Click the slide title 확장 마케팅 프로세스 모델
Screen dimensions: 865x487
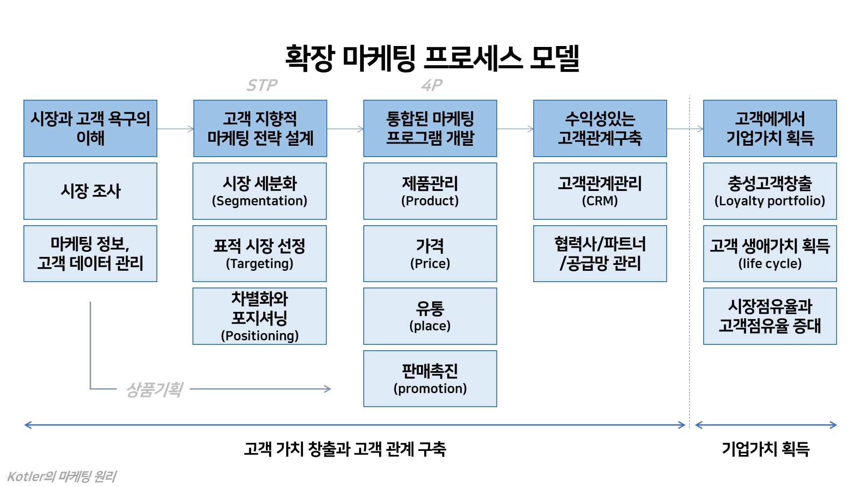coord(432,58)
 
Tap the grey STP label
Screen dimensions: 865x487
coord(262,85)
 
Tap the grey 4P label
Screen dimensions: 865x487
coord(432,85)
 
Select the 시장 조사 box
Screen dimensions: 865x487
coord(90,191)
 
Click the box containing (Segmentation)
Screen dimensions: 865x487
coord(260,191)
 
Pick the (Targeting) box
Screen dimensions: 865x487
coord(260,254)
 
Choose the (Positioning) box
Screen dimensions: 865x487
coord(260,316)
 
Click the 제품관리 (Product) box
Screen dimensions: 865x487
coord(430,191)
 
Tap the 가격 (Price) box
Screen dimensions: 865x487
coord(430,254)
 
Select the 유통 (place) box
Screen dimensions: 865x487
coord(430,316)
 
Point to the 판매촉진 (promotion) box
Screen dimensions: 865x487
coord(430,379)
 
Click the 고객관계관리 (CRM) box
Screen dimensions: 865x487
coord(600,191)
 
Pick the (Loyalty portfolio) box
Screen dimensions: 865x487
coord(770,191)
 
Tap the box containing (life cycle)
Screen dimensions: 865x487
coord(770,254)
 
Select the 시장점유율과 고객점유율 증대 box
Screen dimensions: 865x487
coord(770,316)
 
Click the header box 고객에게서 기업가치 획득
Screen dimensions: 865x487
coord(770,129)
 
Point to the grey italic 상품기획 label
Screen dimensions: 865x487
coord(154,389)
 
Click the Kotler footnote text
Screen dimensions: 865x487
coord(62,476)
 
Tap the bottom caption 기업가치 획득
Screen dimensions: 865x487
coord(766,449)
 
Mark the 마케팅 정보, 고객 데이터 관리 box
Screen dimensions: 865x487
coord(90,254)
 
